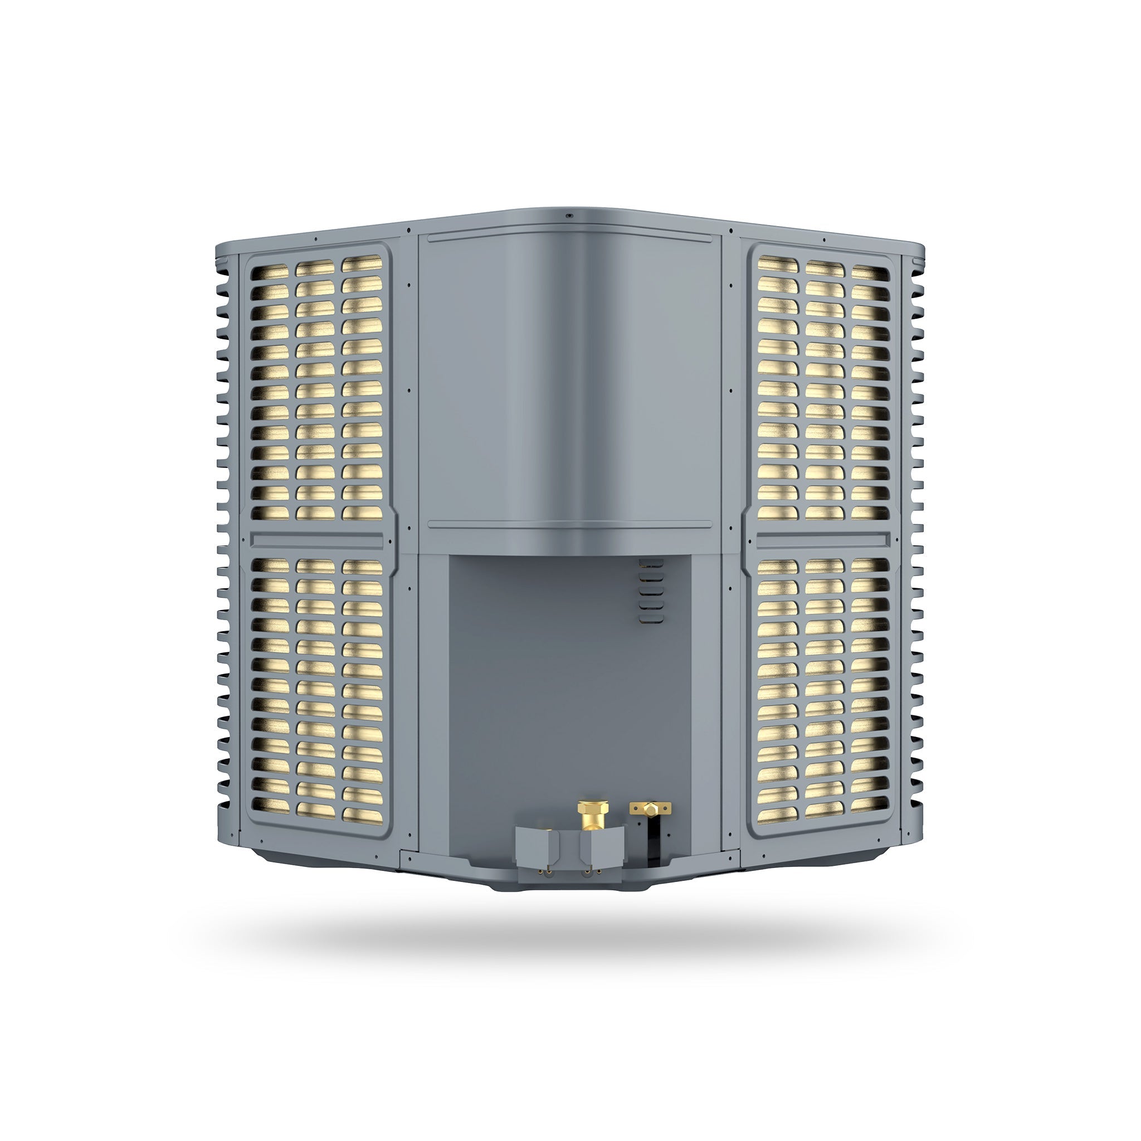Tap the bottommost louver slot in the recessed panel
651,618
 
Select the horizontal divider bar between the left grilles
316,539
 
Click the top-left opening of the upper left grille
269,272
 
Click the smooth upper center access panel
570,384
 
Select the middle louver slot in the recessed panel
651,591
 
